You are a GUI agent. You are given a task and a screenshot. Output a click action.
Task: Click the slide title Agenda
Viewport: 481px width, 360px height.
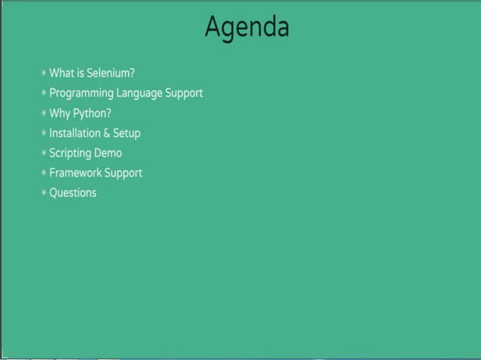(247, 28)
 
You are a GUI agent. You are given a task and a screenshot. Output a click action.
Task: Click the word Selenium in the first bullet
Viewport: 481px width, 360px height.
(110, 73)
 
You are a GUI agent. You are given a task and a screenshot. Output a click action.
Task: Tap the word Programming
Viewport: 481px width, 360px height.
(81, 93)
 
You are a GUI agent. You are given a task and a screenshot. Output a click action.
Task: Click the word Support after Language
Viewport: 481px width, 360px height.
(184, 93)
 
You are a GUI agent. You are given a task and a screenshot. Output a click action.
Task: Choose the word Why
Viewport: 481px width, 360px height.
(60, 113)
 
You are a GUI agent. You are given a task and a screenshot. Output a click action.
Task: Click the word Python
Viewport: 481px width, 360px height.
(92, 114)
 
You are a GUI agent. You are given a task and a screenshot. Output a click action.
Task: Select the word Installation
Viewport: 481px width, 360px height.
(74, 133)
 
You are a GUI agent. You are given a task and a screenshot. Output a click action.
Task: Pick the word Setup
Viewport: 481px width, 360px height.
(127, 133)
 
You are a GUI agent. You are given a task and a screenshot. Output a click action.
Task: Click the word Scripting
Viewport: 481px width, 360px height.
(70, 153)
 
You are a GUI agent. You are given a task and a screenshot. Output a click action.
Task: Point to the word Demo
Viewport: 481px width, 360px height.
(108, 153)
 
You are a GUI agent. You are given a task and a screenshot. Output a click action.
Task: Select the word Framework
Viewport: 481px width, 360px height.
(75, 172)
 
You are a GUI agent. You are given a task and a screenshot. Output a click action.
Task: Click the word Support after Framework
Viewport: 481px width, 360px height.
(124, 173)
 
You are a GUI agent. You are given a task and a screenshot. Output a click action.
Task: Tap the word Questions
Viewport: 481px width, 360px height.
(73, 193)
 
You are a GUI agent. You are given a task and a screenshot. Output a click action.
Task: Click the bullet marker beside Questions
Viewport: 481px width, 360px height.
(44, 193)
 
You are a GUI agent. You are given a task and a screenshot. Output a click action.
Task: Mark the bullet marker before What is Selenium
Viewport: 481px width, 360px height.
(44, 74)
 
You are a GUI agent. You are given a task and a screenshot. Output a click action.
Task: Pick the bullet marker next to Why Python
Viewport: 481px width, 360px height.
(44, 114)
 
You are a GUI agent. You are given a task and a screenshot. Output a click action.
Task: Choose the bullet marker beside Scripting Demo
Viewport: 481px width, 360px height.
(44, 154)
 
